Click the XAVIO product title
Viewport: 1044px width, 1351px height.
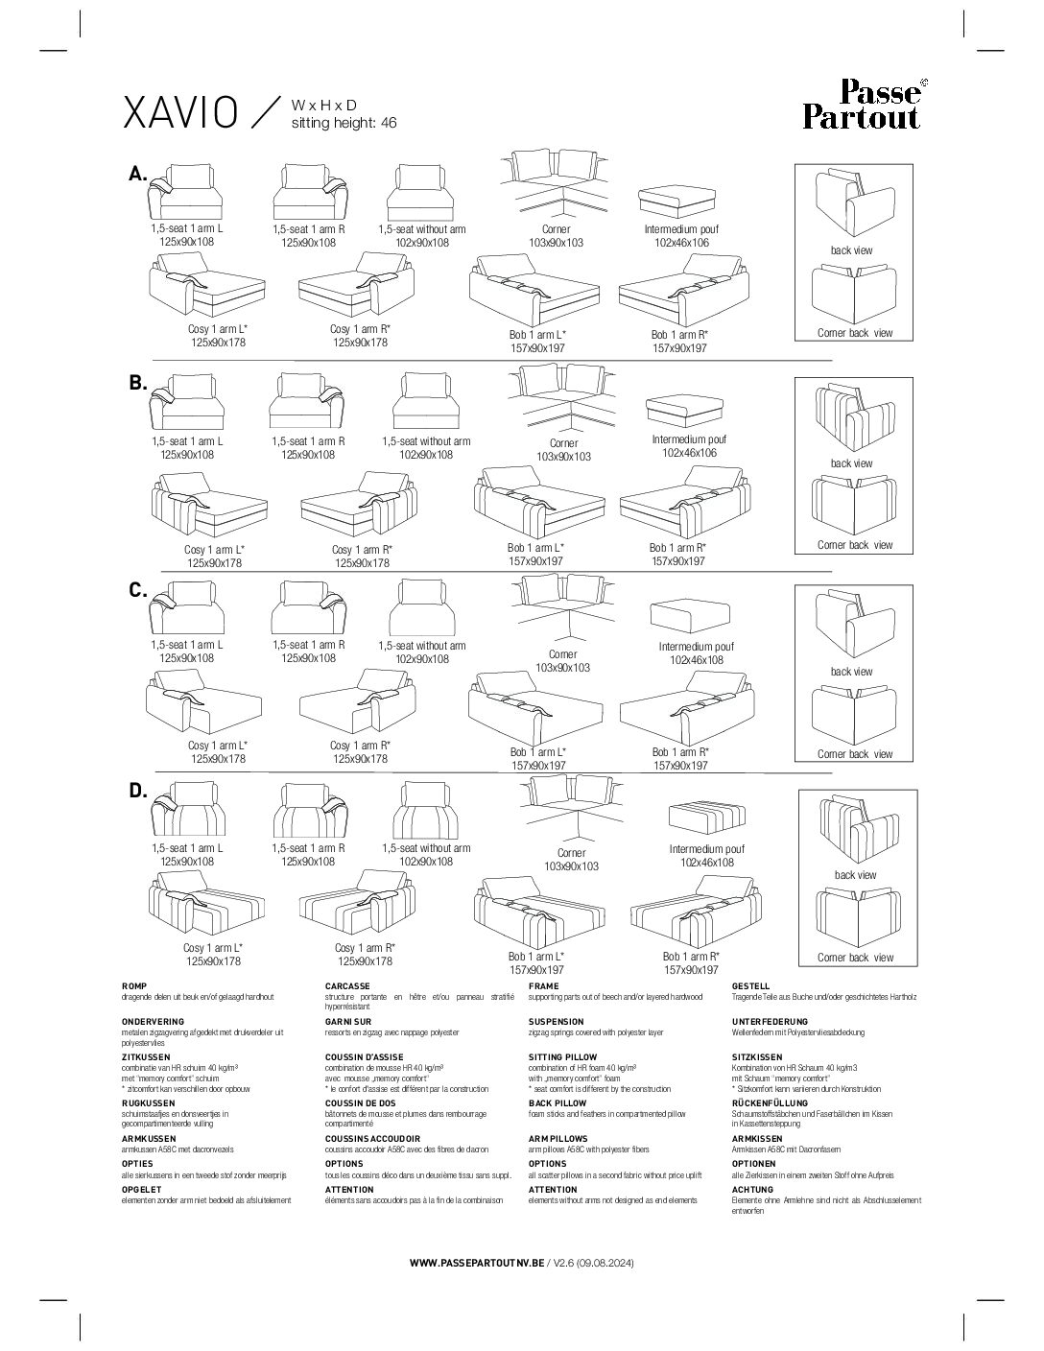[180, 113]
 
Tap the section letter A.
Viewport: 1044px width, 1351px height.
[137, 174]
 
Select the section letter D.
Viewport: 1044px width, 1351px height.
[137, 791]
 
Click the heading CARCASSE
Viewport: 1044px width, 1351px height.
[347, 986]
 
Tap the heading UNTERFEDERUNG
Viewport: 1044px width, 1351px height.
[771, 1022]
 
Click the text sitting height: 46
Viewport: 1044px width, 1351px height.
[344, 123]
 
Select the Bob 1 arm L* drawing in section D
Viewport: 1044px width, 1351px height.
[537, 912]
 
